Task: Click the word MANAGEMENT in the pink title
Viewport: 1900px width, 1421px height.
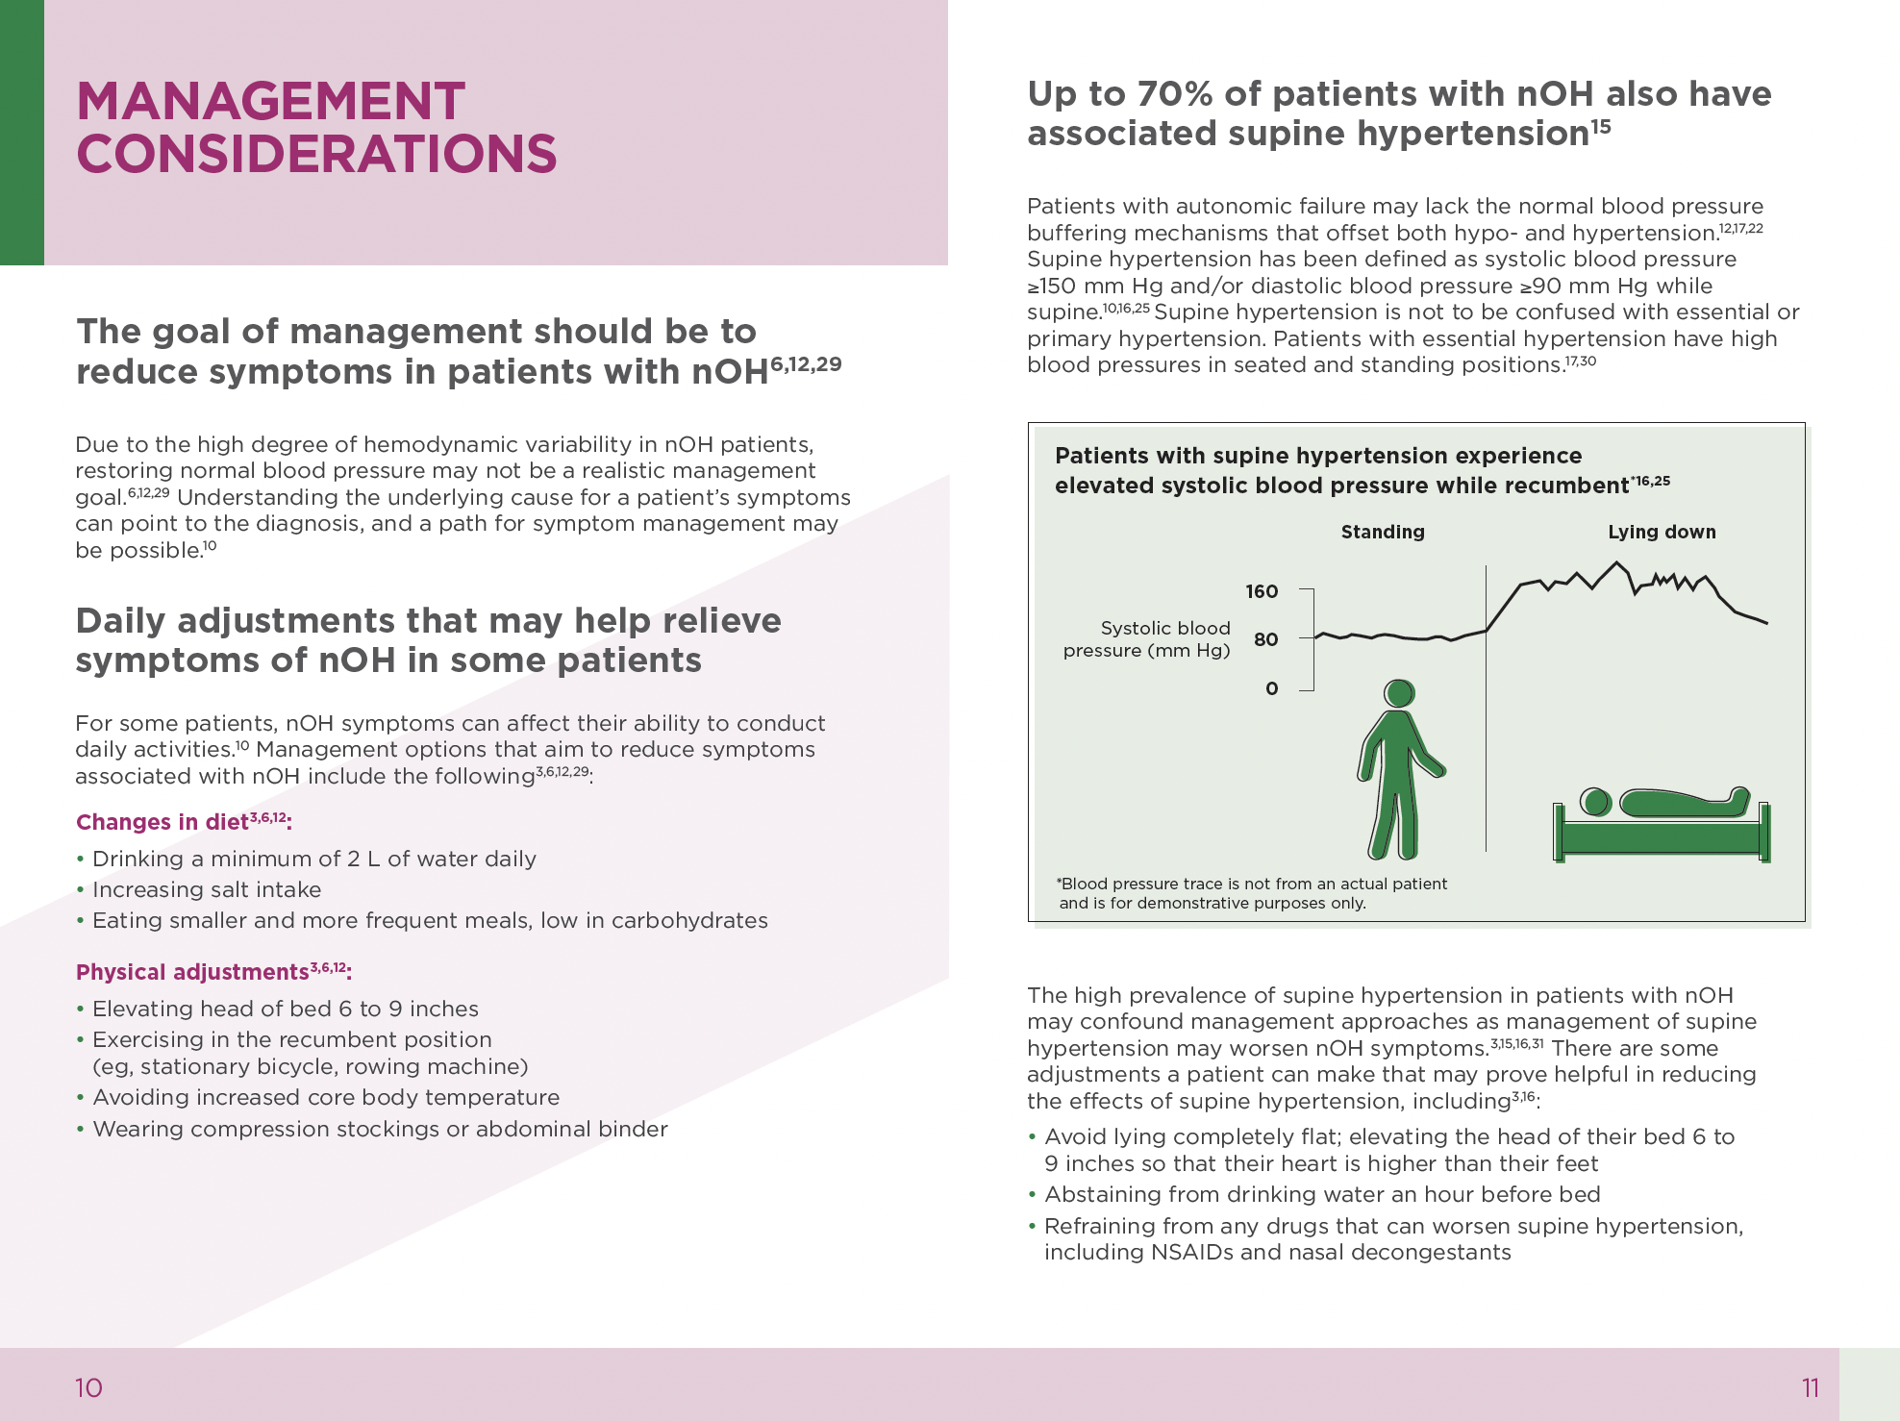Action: tap(270, 101)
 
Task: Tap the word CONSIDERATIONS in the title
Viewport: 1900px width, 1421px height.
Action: tap(316, 155)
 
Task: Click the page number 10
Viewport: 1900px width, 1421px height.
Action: tap(88, 1387)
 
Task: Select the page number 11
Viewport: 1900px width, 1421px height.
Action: tap(1811, 1387)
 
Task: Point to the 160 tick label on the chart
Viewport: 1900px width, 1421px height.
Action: tap(1262, 591)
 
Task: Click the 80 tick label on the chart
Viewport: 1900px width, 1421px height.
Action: tap(1265, 639)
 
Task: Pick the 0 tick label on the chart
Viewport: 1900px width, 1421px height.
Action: tap(1271, 688)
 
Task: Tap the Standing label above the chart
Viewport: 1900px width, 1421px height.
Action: tap(1383, 532)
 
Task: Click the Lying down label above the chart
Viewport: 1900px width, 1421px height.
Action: tap(1662, 532)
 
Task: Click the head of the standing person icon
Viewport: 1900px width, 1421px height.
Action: tap(1399, 693)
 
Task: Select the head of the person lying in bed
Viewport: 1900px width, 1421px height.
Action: tap(1596, 802)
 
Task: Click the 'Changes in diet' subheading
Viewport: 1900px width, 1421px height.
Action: tap(162, 822)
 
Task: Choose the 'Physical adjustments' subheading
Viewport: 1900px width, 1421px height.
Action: tap(192, 972)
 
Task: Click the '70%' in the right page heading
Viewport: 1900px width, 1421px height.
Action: tap(1175, 94)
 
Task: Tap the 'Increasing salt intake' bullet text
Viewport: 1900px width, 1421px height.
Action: tap(207, 889)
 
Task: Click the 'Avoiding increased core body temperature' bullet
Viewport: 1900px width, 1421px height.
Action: tap(326, 1097)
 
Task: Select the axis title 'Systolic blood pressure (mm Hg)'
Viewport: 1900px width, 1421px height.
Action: tap(1147, 639)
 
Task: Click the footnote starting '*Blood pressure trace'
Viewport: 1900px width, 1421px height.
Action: tap(1251, 893)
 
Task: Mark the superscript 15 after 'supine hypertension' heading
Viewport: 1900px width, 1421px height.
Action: tap(1600, 126)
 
